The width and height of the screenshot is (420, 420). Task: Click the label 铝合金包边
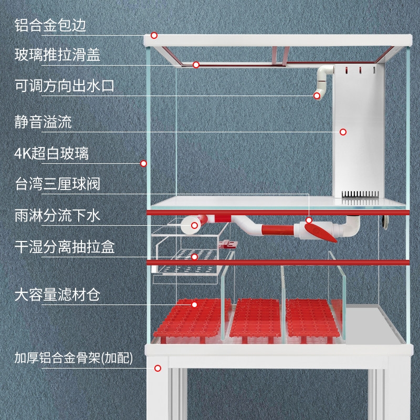pos(50,25)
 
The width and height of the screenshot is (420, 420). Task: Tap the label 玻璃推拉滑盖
pos(57,55)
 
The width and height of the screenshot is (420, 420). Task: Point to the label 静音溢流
pos(43,122)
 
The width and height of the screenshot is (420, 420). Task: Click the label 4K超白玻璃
pos(51,153)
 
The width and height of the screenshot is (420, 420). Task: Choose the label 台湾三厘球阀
pos(57,184)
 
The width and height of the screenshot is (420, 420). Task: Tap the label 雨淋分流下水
pos(57,216)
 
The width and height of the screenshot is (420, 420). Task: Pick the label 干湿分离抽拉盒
pos(64,247)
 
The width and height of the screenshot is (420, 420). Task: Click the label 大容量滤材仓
pos(57,295)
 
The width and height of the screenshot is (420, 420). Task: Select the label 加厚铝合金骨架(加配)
pos(73,359)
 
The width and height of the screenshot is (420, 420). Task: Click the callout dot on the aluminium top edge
pos(154,36)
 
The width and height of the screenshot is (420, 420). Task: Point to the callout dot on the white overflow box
pos(343,132)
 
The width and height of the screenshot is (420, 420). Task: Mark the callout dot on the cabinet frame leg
pos(157,368)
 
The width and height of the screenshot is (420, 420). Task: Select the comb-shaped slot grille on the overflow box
pos(360,195)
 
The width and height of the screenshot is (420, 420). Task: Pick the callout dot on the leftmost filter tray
pos(194,304)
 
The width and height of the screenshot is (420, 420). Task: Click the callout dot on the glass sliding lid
pos(196,65)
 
